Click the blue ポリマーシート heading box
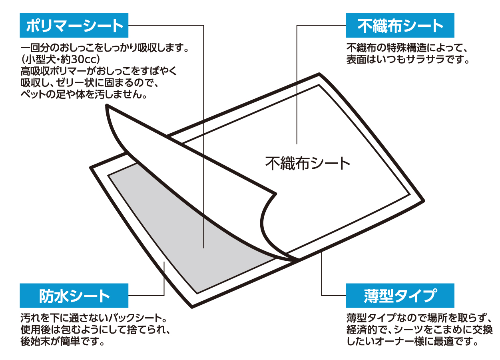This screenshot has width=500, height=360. coord(74,25)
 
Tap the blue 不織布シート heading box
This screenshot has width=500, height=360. coord(400,25)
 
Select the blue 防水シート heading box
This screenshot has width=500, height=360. coord(74,296)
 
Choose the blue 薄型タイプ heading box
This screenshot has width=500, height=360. coord(400,296)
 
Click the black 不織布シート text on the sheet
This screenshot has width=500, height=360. coord(307,163)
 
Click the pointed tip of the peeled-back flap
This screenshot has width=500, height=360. coord(107,106)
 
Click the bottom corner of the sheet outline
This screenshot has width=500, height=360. coord(192,307)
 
